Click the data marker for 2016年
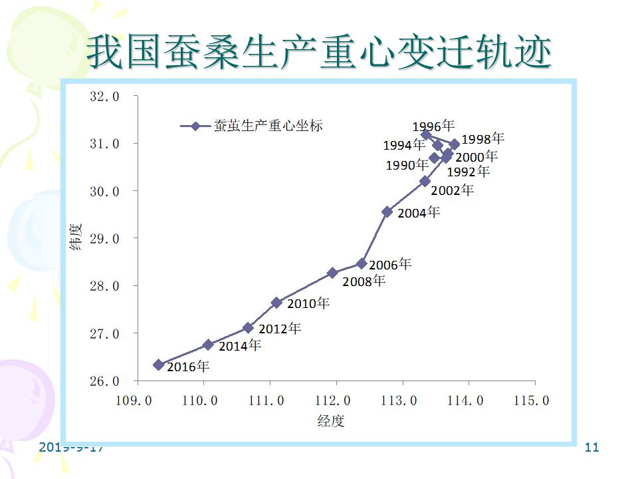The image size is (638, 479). pos(159,365)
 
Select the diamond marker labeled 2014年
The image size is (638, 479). pos(208,345)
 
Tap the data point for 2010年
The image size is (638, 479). pos(276,303)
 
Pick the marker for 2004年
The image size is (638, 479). pos(387,212)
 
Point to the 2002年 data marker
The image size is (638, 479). pos(425,181)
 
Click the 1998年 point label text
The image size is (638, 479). pos(483,139)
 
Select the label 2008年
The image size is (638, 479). pos(364,281)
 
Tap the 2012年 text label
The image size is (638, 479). pos(280,329)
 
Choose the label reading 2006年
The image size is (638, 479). pos(390,265)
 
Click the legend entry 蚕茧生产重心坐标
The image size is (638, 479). pos(268,126)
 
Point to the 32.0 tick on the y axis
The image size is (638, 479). pos(104,96)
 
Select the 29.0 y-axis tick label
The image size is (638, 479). pos(104,238)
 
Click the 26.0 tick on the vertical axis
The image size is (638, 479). pos(104,381)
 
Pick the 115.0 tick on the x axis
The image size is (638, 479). pos(534,400)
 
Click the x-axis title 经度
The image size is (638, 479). pos(331,421)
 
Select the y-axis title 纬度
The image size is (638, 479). pos(76,238)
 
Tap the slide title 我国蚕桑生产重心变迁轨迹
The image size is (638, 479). pos(319,53)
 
